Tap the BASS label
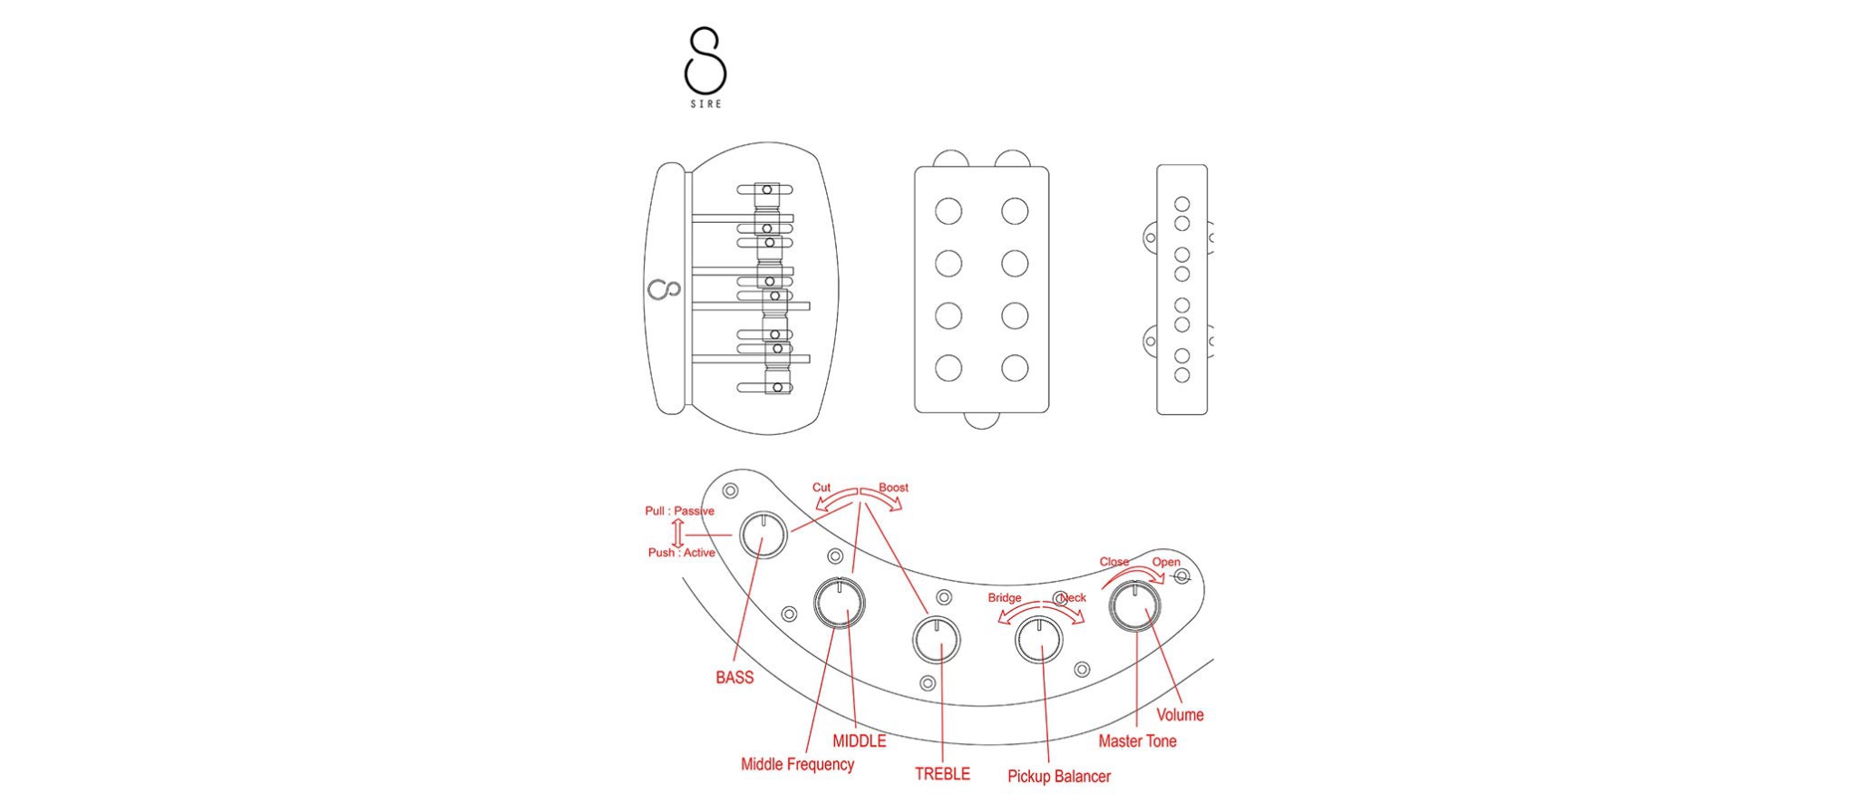click(x=734, y=677)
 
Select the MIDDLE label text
click(x=859, y=740)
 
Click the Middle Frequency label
click(x=797, y=764)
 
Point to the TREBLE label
click(x=942, y=774)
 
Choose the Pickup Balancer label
click(x=1058, y=777)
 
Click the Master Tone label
click(x=1137, y=741)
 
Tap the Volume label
click(x=1180, y=715)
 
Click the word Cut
click(x=822, y=488)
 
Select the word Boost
click(x=893, y=488)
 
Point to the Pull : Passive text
click(x=679, y=511)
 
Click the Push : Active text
click(x=681, y=553)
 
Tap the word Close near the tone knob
click(x=1114, y=562)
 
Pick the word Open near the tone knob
click(x=1166, y=562)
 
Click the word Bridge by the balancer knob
click(x=1005, y=598)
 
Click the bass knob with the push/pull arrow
click(x=763, y=536)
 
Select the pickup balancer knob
click(x=1039, y=640)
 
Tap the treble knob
click(x=936, y=640)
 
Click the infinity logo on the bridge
click(x=665, y=290)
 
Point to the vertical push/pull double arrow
click(x=677, y=533)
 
